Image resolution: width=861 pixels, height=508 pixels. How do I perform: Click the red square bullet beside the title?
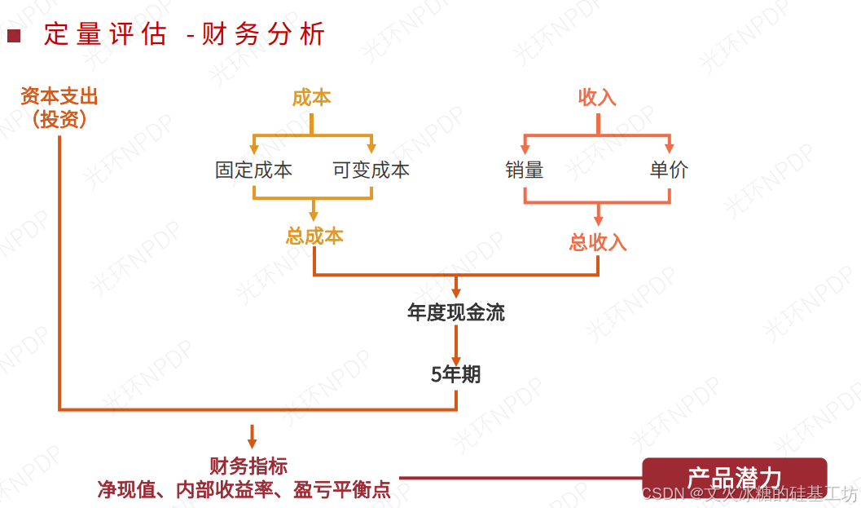click(x=13, y=35)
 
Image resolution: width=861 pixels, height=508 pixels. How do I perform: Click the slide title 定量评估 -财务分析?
click(x=184, y=34)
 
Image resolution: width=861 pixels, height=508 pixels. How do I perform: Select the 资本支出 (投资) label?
click(x=59, y=108)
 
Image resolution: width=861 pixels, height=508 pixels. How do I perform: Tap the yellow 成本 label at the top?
click(x=311, y=98)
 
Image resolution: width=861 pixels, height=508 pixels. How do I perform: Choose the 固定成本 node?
click(x=253, y=170)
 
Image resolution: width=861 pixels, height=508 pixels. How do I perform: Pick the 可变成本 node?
click(x=371, y=170)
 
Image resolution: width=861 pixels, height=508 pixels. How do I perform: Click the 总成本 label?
click(x=314, y=236)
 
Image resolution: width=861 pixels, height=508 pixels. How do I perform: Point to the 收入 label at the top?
click(x=597, y=98)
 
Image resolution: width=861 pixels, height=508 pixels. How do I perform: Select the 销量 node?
click(x=524, y=170)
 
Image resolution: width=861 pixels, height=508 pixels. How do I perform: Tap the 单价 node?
click(x=669, y=170)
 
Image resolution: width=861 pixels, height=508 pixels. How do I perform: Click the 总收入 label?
click(x=598, y=242)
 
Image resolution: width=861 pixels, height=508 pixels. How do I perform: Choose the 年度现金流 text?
click(x=456, y=312)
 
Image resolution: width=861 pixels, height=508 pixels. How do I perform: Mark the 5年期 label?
click(x=456, y=374)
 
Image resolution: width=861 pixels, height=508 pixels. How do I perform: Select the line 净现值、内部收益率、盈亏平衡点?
click(x=244, y=489)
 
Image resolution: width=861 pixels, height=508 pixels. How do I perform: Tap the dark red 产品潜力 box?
click(x=734, y=477)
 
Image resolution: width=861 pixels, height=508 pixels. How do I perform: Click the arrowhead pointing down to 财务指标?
click(x=252, y=442)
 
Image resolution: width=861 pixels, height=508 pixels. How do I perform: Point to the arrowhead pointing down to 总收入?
click(x=598, y=220)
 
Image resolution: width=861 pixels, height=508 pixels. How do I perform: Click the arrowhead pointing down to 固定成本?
click(x=254, y=148)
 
